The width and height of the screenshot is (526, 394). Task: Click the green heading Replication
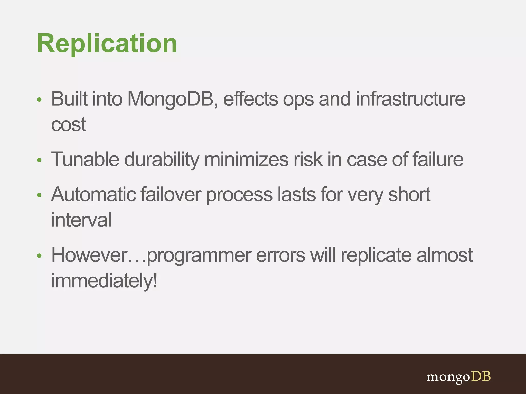coord(107,44)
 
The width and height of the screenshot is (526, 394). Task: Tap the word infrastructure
coord(410,99)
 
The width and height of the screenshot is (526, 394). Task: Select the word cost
coord(68,125)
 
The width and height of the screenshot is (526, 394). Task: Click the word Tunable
coord(85,160)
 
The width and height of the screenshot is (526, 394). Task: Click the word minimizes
coord(246,160)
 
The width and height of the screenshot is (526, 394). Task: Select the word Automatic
coord(93,194)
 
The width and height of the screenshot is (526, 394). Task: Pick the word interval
coord(81,220)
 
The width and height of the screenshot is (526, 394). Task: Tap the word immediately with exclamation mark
coord(104,281)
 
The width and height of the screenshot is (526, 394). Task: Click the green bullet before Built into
coord(39,100)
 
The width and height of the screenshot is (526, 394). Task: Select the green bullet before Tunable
coord(39,160)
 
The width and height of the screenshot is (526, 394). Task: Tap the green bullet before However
coord(39,256)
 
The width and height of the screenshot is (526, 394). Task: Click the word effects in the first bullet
coord(250,99)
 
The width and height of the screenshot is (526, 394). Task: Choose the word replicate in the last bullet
coord(376,255)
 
